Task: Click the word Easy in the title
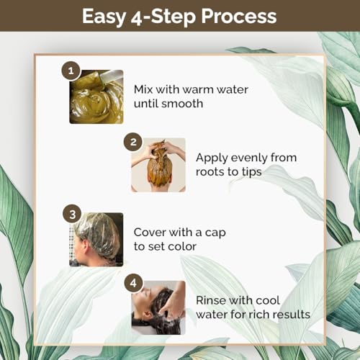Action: click(104, 17)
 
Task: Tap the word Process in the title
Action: click(239, 16)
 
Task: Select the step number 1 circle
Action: click(71, 71)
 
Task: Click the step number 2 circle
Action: click(133, 142)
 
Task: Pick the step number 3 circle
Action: click(72, 214)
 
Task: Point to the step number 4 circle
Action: click(133, 283)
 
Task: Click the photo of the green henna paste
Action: click(96, 96)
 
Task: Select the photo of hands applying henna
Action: click(158, 165)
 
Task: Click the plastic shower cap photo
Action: click(96, 240)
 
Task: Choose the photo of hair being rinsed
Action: click(158, 307)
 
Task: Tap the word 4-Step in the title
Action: click(163, 17)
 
